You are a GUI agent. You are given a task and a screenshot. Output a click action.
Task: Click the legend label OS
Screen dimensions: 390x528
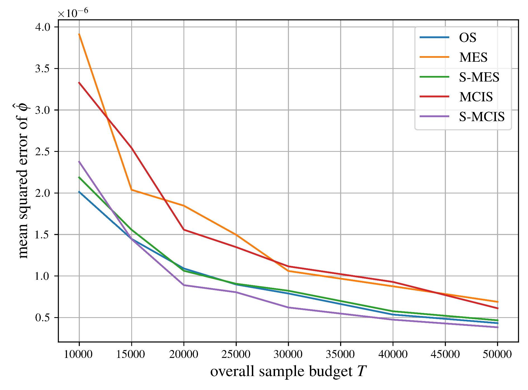coord(467,37)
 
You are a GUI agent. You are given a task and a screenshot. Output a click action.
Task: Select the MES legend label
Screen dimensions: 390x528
coord(473,57)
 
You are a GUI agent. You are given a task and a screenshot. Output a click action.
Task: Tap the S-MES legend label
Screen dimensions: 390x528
coord(479,77)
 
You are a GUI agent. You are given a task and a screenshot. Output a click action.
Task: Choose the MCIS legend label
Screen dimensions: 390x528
coord(476,97)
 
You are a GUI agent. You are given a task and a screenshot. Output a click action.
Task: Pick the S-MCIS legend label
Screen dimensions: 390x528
coord(482,117)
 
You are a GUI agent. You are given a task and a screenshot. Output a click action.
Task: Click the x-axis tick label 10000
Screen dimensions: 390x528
coord(78,354)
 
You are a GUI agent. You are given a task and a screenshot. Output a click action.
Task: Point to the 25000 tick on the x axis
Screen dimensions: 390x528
coord(236,354)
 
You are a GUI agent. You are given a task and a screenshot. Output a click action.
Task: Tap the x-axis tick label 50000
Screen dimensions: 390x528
coord(497,354)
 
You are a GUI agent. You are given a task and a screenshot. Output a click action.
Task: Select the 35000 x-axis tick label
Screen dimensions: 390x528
coord(340,354)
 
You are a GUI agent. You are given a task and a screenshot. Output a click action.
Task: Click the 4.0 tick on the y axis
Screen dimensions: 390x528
coord(42,27)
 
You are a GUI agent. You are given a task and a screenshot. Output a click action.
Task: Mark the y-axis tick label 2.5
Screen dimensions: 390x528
coord(42,152)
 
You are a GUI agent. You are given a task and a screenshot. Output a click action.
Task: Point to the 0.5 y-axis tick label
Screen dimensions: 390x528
coord(42,318)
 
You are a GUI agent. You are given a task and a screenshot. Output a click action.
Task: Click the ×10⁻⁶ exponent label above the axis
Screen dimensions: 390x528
coord(73,13)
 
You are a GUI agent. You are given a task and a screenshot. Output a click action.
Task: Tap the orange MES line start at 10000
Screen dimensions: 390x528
coord(79,34)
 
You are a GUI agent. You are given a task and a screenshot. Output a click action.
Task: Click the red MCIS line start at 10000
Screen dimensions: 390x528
coord(79,83)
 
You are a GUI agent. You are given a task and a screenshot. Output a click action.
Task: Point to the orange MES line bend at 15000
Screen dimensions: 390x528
coord(132,190)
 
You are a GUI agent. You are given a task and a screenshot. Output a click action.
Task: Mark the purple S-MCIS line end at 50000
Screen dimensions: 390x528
coord(497,327)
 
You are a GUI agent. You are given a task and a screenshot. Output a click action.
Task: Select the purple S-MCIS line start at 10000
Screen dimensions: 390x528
coord(79,161)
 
